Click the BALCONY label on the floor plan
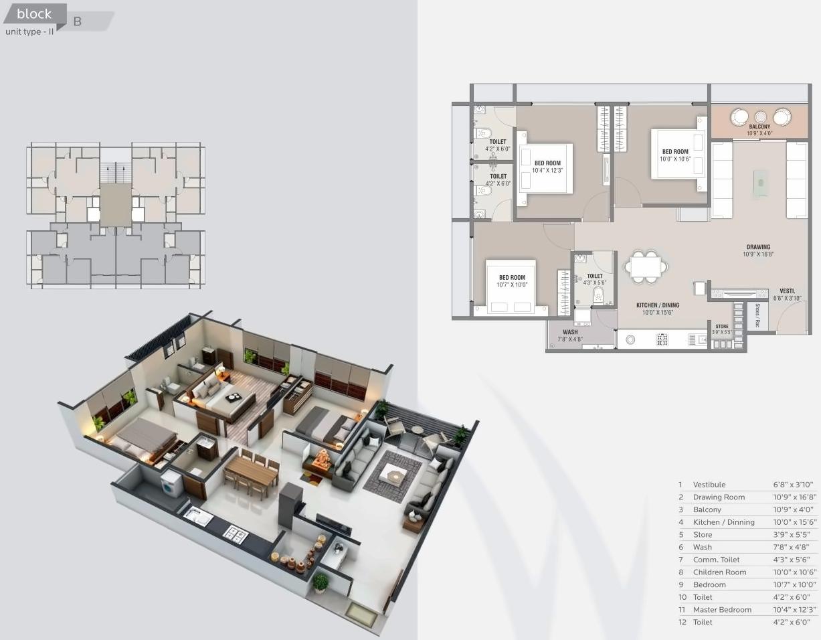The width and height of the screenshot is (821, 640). pos(759,127)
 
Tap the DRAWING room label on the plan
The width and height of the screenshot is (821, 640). pos(758,247)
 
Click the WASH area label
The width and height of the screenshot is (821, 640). pos(569,332)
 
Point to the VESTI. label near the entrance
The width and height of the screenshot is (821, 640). pos(787,291)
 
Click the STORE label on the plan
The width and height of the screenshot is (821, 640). pos(721,326)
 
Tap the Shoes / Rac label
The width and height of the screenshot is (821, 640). pos(757,315)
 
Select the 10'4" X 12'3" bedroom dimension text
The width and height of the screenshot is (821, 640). pos(547,171)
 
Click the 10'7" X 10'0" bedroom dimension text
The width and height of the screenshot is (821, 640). pos(512,285)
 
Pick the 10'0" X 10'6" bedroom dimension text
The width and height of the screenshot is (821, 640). pos(675,159)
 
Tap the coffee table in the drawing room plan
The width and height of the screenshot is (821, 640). pos(760,183)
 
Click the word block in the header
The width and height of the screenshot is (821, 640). pos(34,13)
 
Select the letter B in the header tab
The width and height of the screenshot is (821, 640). pos(78,21)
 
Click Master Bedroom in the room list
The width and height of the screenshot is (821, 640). pos(722,610)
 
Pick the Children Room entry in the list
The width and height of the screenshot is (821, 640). pos(719,572)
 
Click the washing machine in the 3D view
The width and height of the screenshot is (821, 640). pos(171,481)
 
